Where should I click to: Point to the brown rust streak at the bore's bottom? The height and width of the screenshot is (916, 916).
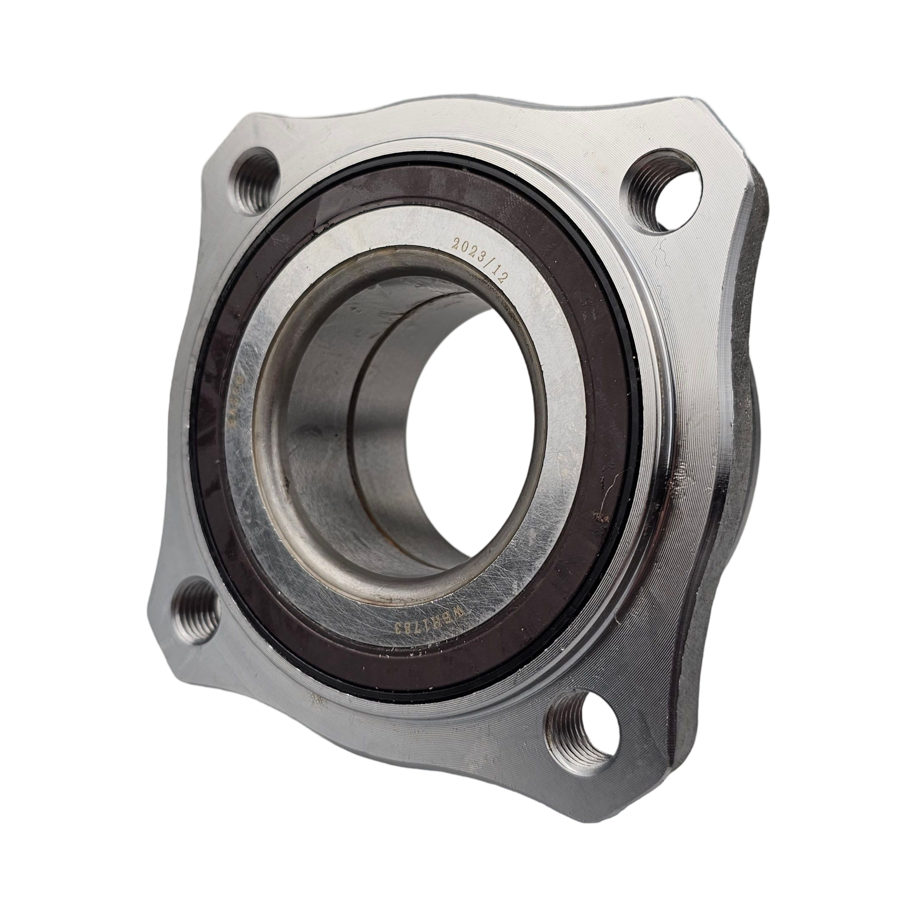[389, 545]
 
